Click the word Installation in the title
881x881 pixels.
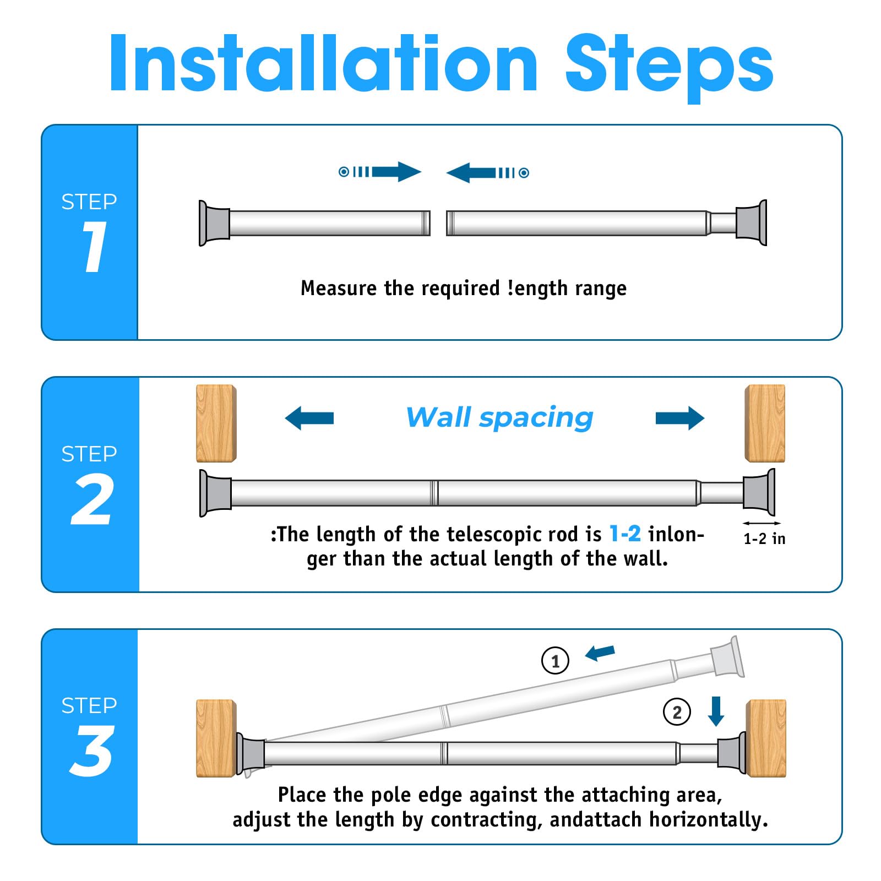[x=323, y=63]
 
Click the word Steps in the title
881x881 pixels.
[x=669, y=67]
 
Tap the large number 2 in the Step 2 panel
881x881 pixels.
[x=93, y=499]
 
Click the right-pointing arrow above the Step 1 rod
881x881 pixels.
[x=380, y=172]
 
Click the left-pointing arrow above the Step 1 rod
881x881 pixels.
[x=488, y=172]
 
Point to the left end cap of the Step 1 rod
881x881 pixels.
[x=214, y=223]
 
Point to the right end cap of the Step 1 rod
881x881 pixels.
[x=751, y=222]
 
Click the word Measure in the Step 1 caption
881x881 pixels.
[x=339, y=288]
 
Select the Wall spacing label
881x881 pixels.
[x=499, y=417]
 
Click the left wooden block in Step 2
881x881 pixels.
[x=216, y=423]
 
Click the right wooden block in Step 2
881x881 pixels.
[x=765, y=423]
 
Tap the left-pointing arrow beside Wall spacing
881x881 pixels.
[x=309, y=418]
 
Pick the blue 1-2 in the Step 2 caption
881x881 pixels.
[x=625, y=534]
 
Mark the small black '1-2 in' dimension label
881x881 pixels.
[x=764, y=539]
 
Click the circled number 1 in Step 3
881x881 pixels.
[x=555, y=661]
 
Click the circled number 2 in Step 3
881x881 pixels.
[x=677, y=712]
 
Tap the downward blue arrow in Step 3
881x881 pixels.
[x=716, y=711]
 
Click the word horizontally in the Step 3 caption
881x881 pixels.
[x=709, y=820]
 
